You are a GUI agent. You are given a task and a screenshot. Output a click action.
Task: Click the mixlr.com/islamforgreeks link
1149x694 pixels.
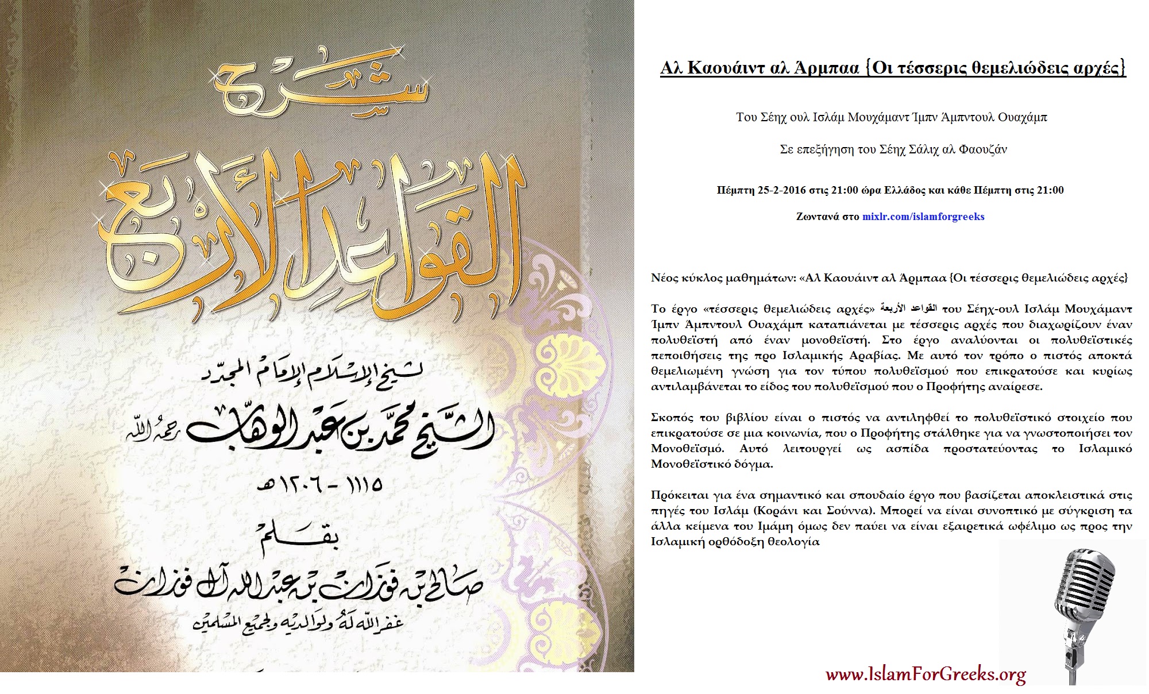coord(923,217)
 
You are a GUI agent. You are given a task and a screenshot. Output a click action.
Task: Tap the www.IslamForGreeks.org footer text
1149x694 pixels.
coord(926,674)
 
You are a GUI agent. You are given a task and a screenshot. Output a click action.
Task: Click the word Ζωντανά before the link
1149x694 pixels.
coord(816,217)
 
